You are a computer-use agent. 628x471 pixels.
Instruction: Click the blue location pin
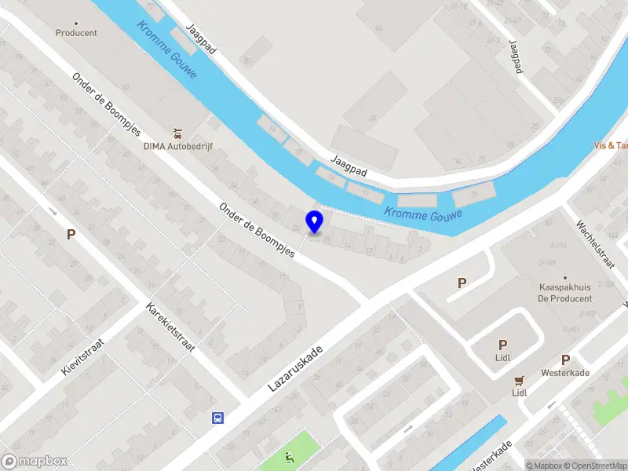pyautogui.click(x=315, y=222)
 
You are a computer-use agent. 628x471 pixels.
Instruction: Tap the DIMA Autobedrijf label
pyautogui.click(x=178, y=146)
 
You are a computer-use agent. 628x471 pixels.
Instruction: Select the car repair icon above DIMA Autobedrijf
pyautogui.click(x=178, y=132)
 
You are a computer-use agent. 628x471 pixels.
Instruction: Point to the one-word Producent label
pyautogui.click(x=76, y=33)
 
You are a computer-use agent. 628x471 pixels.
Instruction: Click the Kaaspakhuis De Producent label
pyautogui.click(x=564, y=293)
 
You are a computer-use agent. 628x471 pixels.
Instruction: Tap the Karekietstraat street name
pyautogui.click(x=171, y=326)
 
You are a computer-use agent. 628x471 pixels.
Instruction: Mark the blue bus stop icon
pyautogui.click(x=217, y=418)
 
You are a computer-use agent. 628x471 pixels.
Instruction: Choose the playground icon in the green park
pyautogui.click(x=290, y=458)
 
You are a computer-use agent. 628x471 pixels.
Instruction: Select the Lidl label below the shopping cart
pyautogui.click(x=519, y=392)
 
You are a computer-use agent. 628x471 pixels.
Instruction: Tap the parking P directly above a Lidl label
pyautogui.click(x=502, y=345)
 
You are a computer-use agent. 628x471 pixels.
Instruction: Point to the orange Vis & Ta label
pyautogui.click(x=611, y=145)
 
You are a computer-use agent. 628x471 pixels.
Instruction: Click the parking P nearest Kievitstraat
pyautogui.click(x=71, y=234)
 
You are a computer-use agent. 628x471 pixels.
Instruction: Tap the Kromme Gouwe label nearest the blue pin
pyautogui.click(x=422, y=214)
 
